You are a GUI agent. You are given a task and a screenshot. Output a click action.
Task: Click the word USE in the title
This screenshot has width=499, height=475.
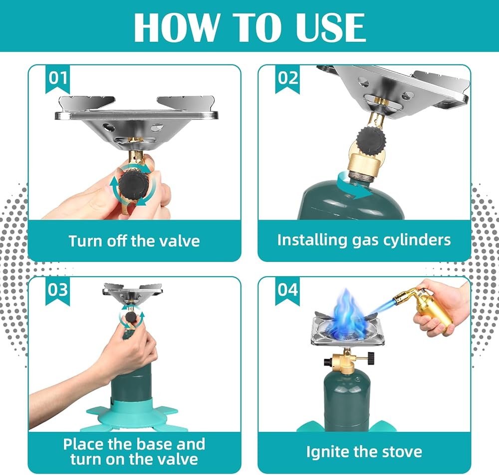pos(330,27)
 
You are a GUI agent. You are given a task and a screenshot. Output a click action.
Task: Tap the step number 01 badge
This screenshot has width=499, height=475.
pos(57,79)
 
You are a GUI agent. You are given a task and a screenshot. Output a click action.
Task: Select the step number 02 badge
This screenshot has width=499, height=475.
pos(287,79)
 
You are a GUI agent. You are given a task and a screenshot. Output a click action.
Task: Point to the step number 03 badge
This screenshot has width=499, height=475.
pos(57,291)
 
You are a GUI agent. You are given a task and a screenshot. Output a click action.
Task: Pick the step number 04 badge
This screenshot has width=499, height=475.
pos(287,291)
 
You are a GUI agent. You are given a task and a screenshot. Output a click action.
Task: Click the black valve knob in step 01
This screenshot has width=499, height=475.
pos(134,186)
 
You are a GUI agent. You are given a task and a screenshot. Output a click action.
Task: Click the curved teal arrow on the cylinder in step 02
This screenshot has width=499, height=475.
pos(354,186)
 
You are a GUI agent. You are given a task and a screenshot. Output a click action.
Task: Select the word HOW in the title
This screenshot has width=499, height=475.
pos(177,27)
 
